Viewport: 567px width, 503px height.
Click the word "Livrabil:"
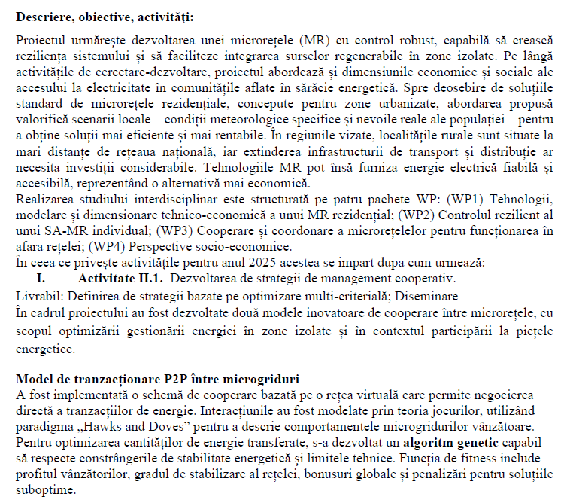pyautogui.click(x=38, y=294)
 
